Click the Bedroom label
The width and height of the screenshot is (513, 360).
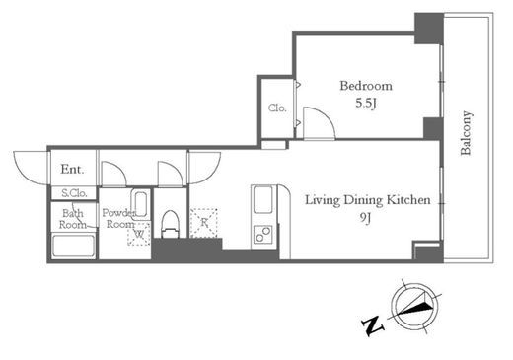coord(366,86)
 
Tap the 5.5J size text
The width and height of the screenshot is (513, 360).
coord(366,104)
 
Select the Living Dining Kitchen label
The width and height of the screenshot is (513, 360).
coord(368,200)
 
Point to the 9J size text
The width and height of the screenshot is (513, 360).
coord(365,217)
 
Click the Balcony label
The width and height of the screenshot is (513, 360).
coord(467,133)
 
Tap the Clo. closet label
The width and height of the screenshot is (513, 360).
coord(277,108)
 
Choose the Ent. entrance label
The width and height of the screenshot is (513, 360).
coord(72,170)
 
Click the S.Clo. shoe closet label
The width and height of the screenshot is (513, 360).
coord(74,193)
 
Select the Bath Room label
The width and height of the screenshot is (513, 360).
coord(73,219)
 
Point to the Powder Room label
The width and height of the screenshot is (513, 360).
coord(118,218)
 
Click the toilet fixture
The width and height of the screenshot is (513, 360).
coord(171,224)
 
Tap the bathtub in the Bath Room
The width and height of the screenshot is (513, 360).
coord(73,246)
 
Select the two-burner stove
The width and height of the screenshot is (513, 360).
coord(262,235)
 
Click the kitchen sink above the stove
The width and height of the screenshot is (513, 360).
coord(262,199)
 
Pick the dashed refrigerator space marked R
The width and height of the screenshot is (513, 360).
coord(204,223)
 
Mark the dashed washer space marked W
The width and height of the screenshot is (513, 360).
coord(139,234)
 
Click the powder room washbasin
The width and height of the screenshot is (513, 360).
coord(141,204)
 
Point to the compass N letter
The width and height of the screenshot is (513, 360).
coord(373,325)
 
